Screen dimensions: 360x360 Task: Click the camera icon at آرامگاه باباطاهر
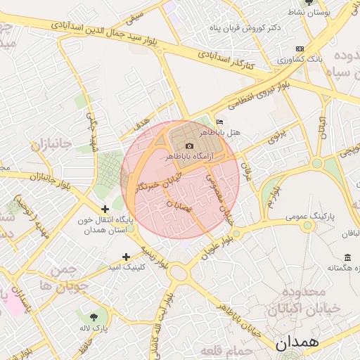pyautogui.click(x=189, y=146)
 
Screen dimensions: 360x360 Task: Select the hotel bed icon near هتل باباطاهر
pyautogui.click(x=220, y=122)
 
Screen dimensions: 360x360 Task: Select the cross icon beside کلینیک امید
pyautogui.click(x=126, y=257)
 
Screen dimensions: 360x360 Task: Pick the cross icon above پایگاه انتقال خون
pyautogui.click(x=105, y=209)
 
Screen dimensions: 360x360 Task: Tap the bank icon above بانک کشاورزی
pyautogui.click(x=300, y=49)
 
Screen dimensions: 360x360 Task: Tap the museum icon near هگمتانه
pyautogui.click(x=347, y=257)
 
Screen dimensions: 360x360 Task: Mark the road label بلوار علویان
pyautogui.click(x=219, y=247)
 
